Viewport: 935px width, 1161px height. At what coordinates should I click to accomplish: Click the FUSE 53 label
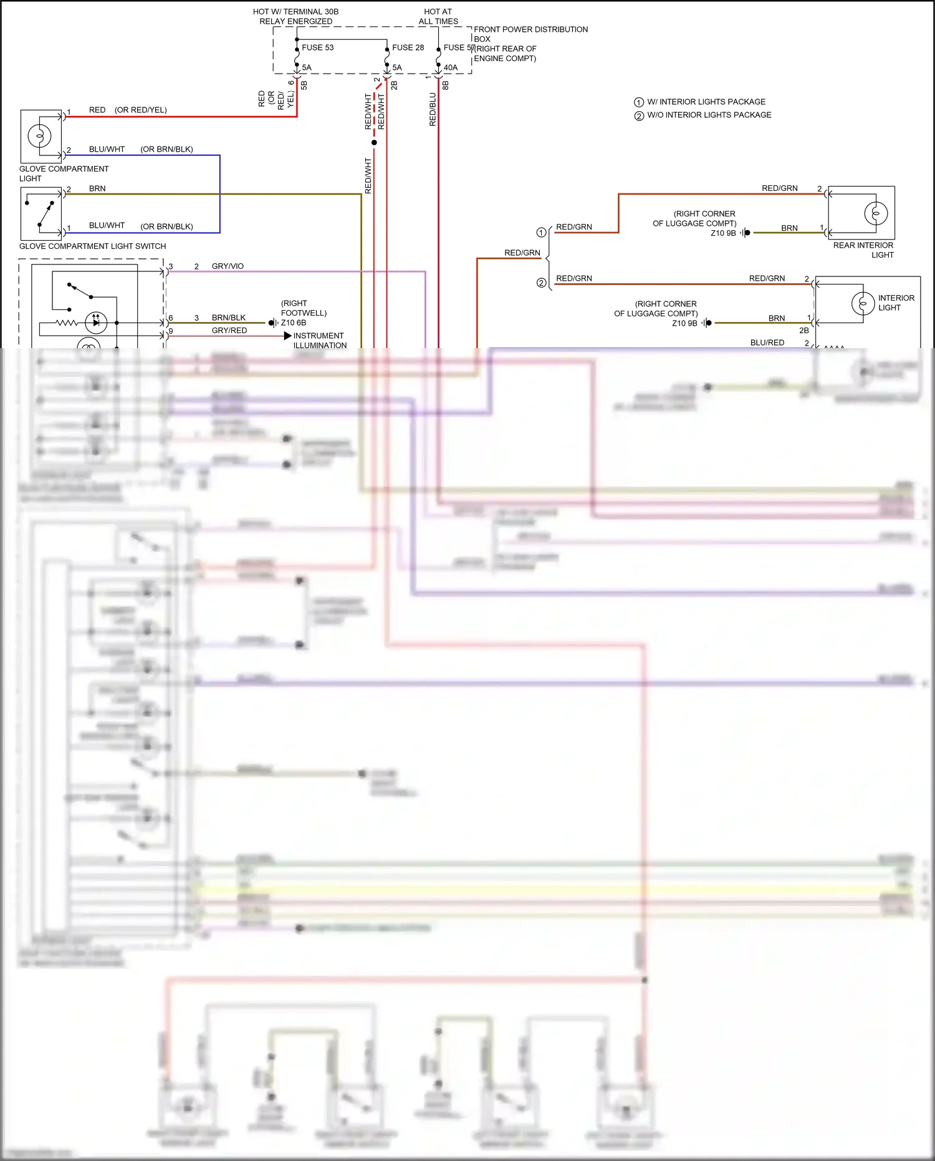coord(317,47)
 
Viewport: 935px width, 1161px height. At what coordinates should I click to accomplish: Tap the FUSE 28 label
coord(408,47)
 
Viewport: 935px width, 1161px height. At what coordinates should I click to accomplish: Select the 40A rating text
coord(451,67)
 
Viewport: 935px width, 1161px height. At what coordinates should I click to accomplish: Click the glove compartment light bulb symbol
coord(40,135)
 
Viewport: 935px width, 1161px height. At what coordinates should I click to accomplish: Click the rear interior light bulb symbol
coord(875,213)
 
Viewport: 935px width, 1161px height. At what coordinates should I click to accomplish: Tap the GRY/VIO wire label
coord(228,266)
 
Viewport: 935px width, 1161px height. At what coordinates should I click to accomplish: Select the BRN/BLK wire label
coord(228,318)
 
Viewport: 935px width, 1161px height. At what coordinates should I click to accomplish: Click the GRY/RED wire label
coord(229,331)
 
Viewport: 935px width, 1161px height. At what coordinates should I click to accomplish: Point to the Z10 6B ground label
coord(293,323)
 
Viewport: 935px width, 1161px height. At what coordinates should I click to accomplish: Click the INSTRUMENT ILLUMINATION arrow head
coord(287,336)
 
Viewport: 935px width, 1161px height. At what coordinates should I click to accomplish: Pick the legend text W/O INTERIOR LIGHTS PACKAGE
coord(709,115)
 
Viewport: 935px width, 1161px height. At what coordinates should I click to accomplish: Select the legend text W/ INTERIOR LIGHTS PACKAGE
coord(706,102)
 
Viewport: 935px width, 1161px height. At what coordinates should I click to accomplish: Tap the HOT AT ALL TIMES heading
coord(438,16)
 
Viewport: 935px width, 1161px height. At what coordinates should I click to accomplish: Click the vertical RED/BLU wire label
coord(433,110)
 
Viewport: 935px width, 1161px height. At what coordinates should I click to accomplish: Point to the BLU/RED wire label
coord(767,342)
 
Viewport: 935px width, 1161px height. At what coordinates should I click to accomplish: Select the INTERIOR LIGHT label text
coord(896,303)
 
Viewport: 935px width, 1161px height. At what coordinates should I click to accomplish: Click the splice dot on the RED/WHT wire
coord(374,143)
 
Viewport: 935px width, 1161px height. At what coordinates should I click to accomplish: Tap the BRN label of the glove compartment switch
coord(97,188)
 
